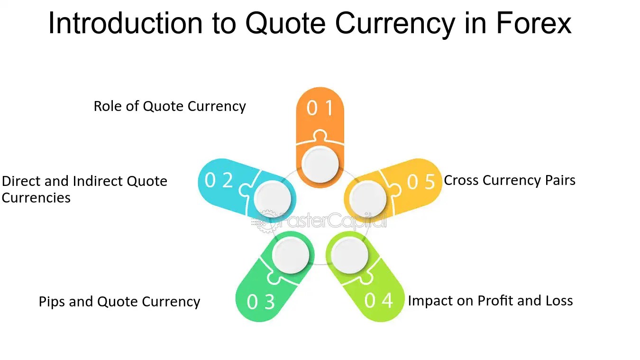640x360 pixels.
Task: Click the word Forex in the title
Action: point(533,23)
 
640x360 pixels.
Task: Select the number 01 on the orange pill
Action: point(320,109)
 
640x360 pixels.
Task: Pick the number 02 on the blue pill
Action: point(219,180)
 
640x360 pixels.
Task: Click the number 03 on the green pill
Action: point(261,302)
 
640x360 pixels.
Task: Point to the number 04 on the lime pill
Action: point(379,300)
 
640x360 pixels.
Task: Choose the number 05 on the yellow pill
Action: point(421,182)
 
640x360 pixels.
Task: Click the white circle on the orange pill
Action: point(320,165)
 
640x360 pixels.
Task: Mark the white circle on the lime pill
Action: point(349,256)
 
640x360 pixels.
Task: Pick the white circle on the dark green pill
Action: point(292,256)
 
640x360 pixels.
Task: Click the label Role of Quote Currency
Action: point(170,106)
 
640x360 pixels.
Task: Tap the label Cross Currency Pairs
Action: point(509,181)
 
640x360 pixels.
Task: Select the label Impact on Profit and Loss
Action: point(490,301)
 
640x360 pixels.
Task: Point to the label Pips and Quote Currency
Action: point(119,302)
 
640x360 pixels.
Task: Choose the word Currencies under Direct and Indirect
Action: point(36,198)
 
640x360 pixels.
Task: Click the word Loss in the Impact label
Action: point(558,301)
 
